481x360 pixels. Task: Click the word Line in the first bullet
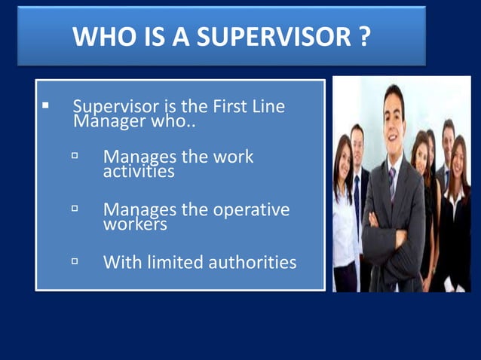(x=270, y=107)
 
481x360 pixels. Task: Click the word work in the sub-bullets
(x=233, y=157)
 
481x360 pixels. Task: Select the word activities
(x=139, y=172)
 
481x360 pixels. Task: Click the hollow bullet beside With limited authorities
(x=75, y=261)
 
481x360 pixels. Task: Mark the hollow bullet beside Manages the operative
(x=75, y=208)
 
